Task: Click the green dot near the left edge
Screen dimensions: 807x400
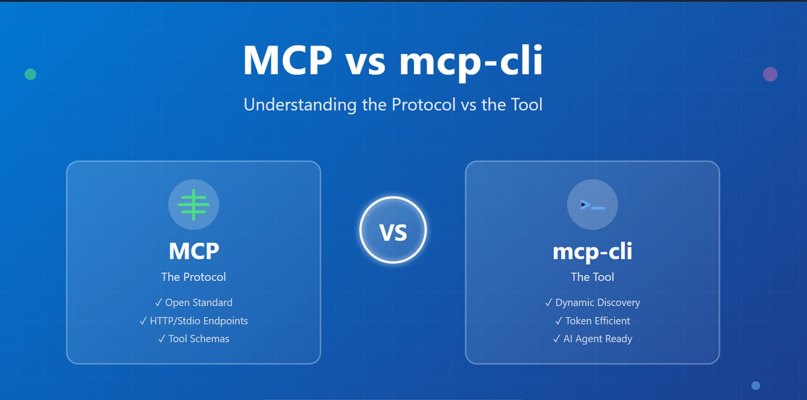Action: pyautogui.click(x=30, y=74)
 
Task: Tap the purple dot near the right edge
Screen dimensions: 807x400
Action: pyautogui.click(x=770, y=74)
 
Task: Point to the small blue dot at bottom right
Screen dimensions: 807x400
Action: pyautogui.click(x=756, y=386)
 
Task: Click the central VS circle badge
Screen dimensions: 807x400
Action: pyautogui.click(x=393, y=230)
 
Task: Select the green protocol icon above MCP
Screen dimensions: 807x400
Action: pyautogui.click(x=194, y=204)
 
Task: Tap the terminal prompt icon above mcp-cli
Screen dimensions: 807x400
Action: pyautogui.click(x=593, y=204)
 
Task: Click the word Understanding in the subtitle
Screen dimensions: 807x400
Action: pyautogui.click(x=300, y=105)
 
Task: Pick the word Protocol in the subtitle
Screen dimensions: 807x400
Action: pyautogui.click(x=423, y=105)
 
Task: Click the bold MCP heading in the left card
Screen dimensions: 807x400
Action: pyautogui.click(x=194, y=251)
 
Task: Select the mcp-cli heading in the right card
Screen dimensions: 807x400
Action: pyautogui.click(x=593, y=251)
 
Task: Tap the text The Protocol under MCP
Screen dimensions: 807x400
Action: pyautogui.click(x=194, y=277)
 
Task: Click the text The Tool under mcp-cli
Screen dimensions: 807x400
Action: pyautogui.click(x=593, y=277)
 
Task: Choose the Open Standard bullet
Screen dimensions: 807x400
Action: pyautogui.click(x=194, y=303)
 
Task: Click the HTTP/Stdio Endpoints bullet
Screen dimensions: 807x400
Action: pyautogui.click(x=194, y=321)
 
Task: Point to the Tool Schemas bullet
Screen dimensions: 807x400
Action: pyautogui.click(x=194, y=339)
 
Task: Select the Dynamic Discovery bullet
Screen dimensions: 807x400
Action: pyautogui.click(x=593, y=303)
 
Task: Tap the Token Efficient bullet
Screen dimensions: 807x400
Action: pyautogui.click(x=593, y=321)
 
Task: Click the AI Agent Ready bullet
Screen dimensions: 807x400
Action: pyautogui.click(x=593, y=339)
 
